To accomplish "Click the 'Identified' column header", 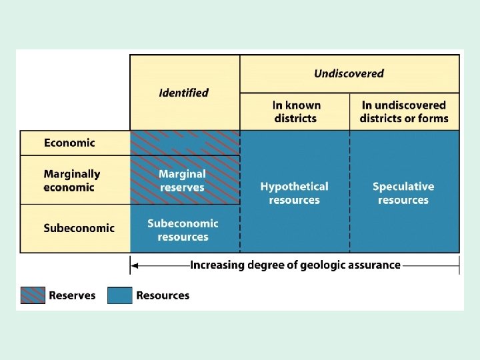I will point(184,93).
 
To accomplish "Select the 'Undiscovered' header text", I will point(349,73).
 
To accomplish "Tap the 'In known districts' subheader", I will point(297,112).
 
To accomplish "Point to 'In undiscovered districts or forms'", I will point(404,112).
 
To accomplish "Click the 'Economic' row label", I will point(69,143).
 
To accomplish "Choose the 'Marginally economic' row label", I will point(72,181).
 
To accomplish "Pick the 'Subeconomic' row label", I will point(79,228).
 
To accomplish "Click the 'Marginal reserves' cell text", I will point(183,181).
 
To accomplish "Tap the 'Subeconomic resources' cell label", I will point(183,230).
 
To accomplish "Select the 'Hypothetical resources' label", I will point(295,193).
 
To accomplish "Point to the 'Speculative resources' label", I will point(403,193).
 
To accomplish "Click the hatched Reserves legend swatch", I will point(33,295).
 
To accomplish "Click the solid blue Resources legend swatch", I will point(120,295).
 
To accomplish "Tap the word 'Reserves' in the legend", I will point(72,295).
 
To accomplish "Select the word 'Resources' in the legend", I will point(163,295).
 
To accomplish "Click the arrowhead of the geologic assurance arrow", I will point(133,265).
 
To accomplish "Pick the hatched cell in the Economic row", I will point(185,143).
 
